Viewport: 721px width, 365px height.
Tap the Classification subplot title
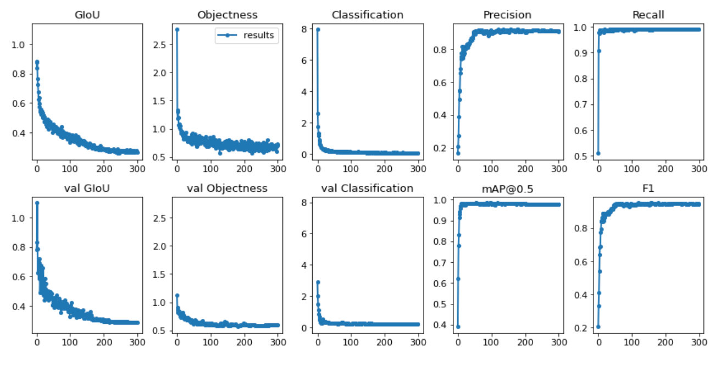pos(367,15)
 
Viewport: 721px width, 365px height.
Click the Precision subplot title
pos(507,15)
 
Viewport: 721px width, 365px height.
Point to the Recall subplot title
pos(648,15)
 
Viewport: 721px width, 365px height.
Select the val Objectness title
pos(226,189)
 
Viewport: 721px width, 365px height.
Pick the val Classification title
pos(367,189)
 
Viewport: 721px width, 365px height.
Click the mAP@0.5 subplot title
pos(507,189)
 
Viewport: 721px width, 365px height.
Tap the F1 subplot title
pos(648,189)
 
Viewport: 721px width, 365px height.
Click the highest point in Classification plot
pos(318,29)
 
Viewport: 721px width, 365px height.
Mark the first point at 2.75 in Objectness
pos(177,29)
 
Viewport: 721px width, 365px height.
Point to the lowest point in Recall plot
pos(598,153)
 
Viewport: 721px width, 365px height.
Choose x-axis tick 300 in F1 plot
pos(700,341)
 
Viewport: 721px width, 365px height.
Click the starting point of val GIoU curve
pos(37,203)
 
